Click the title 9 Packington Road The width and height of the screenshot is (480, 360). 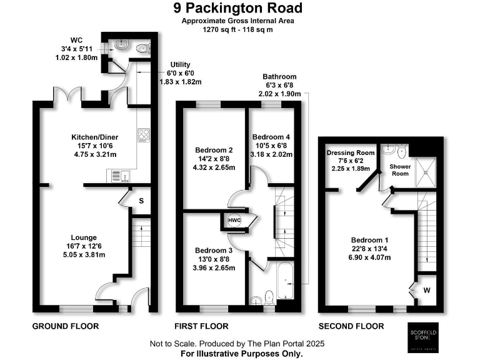[x=240, y=8]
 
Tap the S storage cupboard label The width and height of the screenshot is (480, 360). [x=141, y=201]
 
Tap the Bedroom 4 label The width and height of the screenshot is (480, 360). [x=271, y=137]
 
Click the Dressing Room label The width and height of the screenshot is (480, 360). [x=350, y=152]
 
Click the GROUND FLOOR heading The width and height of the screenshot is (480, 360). [x=65, y=326]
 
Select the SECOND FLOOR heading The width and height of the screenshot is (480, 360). [x=351, y=326]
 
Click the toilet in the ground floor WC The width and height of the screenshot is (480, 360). [x=141, y=47]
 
